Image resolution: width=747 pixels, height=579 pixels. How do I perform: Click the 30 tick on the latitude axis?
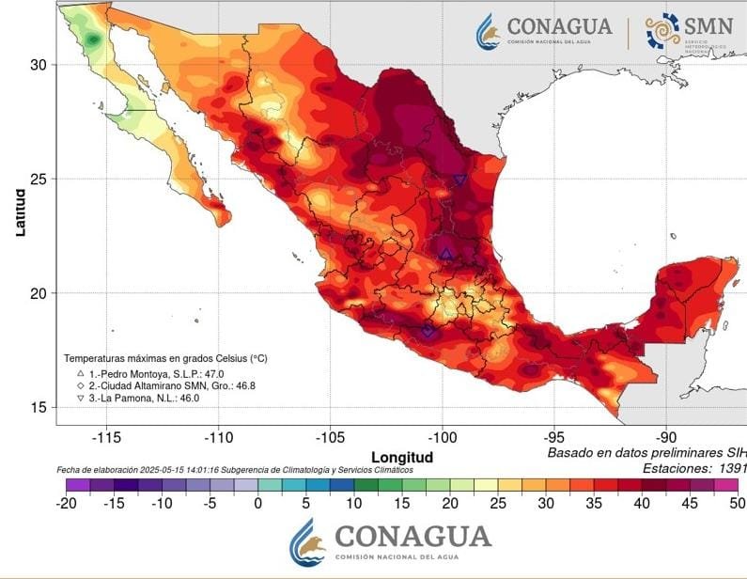37,64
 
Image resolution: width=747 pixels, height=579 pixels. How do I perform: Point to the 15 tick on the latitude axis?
37,407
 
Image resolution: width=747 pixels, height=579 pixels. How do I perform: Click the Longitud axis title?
402,457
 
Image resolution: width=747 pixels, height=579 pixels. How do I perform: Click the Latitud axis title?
20,211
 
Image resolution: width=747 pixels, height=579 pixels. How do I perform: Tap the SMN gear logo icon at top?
663,30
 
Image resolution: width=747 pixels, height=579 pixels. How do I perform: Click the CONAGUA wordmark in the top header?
559,26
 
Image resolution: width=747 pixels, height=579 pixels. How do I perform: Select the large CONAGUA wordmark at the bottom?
412,536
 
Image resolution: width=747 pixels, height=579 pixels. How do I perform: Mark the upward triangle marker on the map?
445,253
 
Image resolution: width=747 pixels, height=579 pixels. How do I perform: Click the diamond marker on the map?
428,330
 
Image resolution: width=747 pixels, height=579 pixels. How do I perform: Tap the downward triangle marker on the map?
459,180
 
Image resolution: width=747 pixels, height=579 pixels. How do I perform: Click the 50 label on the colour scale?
737,502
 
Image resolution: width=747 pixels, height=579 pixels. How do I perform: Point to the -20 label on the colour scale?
66,502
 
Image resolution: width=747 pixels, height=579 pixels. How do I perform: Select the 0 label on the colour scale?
257,502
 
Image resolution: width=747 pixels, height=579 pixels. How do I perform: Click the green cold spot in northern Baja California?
93,39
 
